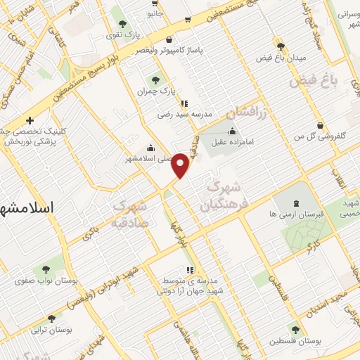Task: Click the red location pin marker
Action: pos(181,165)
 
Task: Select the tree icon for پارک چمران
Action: pos(155,80)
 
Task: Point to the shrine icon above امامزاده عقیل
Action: pos(232,131)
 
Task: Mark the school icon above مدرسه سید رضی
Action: pos(185,103)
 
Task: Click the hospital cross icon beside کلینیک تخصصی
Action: pos(30,120)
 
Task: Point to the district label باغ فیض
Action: pos(314,82)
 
